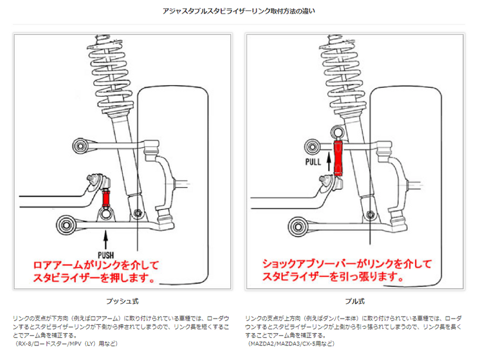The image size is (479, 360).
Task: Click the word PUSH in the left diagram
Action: click(x=106, y=254)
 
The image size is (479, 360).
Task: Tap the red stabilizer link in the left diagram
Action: click(x=105, y=198)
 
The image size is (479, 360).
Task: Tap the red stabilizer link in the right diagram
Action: click(x=338, y=157)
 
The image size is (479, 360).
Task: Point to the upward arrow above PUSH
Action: click(x=106, y=237)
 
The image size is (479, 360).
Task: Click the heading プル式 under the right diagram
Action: click(x=355, y=302)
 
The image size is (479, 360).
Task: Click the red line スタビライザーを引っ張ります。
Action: click(x=331, y=277)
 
